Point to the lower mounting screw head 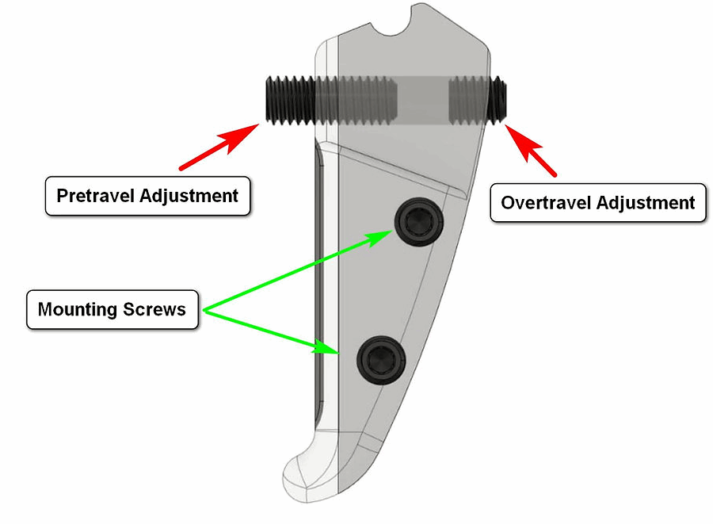click(x=379, y=358)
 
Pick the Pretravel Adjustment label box click(x=147, y=195)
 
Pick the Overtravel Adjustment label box click(x=597, y=203)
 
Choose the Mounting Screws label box click(x=112, y=308)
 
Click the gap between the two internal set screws click(x=421, y=99)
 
